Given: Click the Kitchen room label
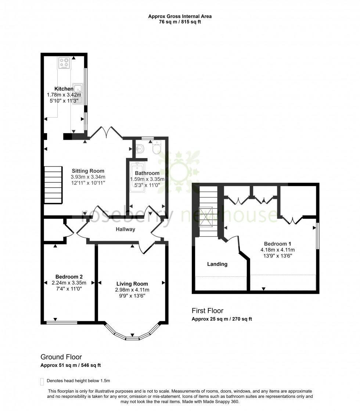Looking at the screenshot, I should [x=64, y=89].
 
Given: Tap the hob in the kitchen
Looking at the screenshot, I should [x=64, y=62].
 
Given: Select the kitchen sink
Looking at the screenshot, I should [x=78, y=94].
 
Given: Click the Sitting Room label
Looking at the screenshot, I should [x=88, y=171].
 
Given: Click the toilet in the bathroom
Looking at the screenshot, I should [x=157, y=148].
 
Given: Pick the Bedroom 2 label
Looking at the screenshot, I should [x=69, y=277].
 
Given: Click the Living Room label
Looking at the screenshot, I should [x=132, y=284].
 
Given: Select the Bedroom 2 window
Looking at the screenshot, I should [x=62, y=323].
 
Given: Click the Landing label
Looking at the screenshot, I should [x=217, y=264].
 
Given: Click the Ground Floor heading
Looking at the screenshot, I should [x=61, y=357].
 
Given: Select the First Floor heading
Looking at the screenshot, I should [x=208, y=311].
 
